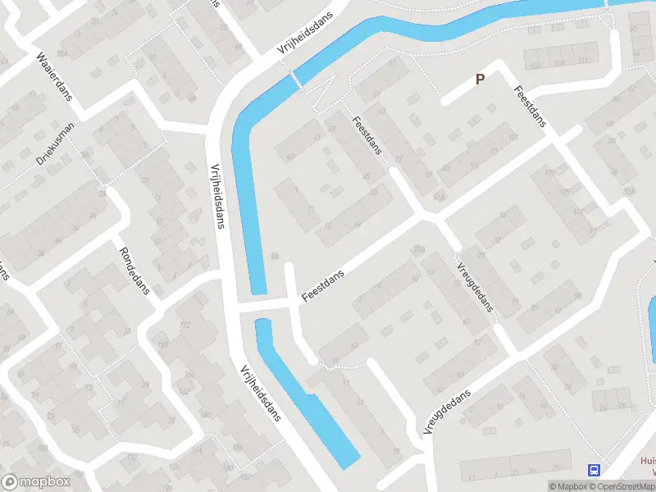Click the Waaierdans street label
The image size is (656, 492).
(54, 75)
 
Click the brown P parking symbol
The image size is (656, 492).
(481, 79)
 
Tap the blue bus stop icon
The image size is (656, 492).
(593, 470)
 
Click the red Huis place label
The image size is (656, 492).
(647, 461)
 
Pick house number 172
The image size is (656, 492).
(184, 326)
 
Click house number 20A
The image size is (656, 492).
(418, 249)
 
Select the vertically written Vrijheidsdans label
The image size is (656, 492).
(218, 194)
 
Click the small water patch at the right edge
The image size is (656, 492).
(651, 328)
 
